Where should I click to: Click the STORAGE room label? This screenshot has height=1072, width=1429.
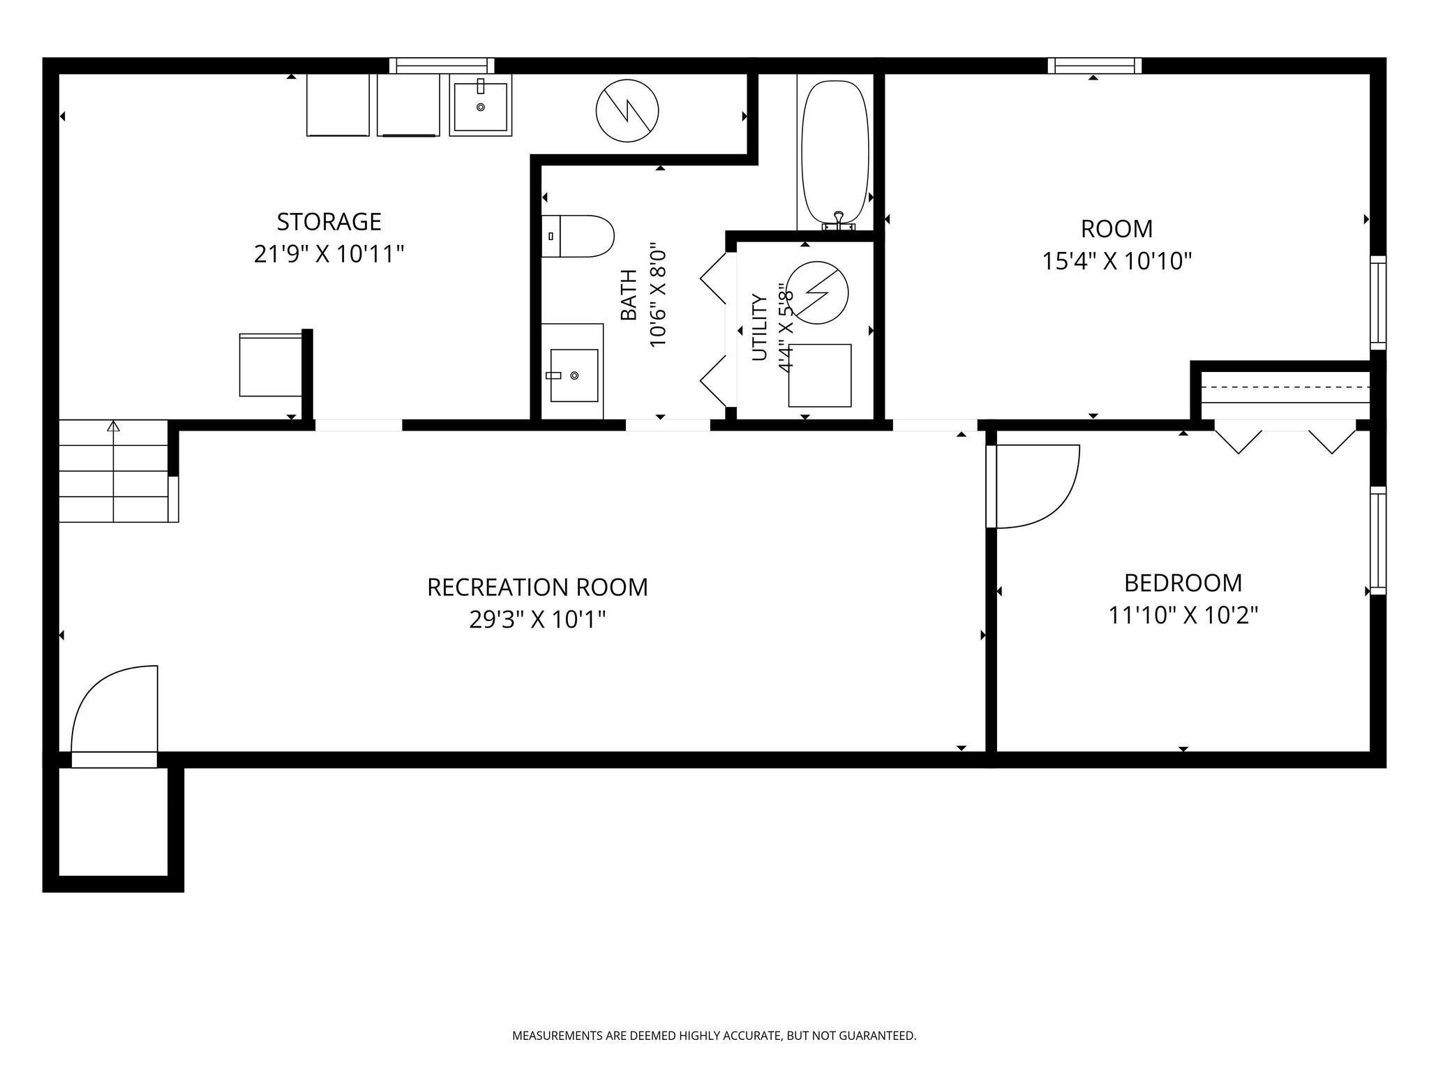(329, 222)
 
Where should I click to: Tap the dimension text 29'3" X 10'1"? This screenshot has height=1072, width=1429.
(537, 620)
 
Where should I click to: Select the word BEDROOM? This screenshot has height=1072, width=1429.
(1183, 583)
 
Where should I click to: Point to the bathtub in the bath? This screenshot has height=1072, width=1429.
(835, 155)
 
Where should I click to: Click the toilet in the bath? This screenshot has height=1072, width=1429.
(578, 236)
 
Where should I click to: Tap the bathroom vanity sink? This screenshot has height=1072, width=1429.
(574, 375)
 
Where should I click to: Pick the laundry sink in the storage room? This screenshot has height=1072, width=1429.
(480, 105)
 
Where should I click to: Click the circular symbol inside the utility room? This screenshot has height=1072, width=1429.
(817, 292)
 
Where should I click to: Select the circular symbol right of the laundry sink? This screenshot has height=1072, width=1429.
(627, 110)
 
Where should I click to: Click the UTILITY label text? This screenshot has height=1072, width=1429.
(759, 328)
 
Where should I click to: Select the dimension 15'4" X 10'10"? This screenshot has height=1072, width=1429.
(1116, 262)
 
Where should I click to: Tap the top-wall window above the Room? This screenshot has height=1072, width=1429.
(1095, 66)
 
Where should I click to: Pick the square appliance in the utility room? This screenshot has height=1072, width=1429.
(820, 375)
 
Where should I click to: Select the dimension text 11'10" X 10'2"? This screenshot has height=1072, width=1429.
(1183, 616)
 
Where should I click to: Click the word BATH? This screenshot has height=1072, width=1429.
(629, 295)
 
